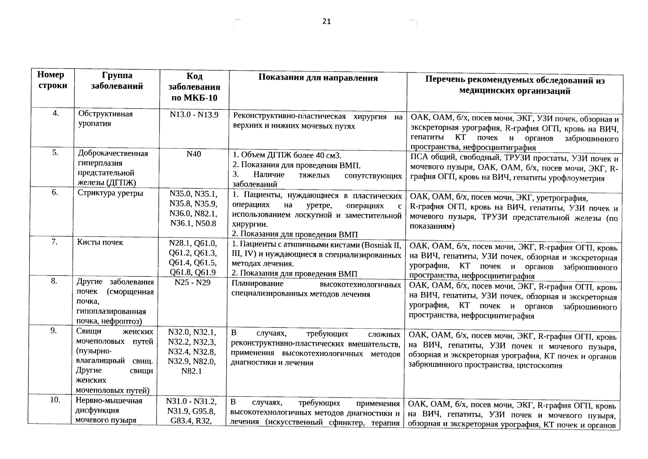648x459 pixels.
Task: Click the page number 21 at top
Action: point(326,21)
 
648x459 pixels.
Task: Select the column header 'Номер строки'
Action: point(51,80)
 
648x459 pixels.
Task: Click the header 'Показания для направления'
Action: point(318,78)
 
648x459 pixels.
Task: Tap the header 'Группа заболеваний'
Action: point(117,81)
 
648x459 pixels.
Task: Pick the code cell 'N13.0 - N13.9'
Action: point(194,114)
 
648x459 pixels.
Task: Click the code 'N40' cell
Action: point(193,154)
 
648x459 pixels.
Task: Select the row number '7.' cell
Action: point(55,241)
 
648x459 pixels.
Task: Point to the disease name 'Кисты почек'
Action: point(100,242)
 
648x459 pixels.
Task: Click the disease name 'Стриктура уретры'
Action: point(110,193)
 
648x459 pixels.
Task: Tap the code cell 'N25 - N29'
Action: point(192,283)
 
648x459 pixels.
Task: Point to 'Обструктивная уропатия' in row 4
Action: point(105,119)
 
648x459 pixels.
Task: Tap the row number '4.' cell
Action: point(56,113)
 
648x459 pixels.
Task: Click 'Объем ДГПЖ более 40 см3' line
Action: point(287,156)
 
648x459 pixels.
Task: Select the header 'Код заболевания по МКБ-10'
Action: point(194,87)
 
